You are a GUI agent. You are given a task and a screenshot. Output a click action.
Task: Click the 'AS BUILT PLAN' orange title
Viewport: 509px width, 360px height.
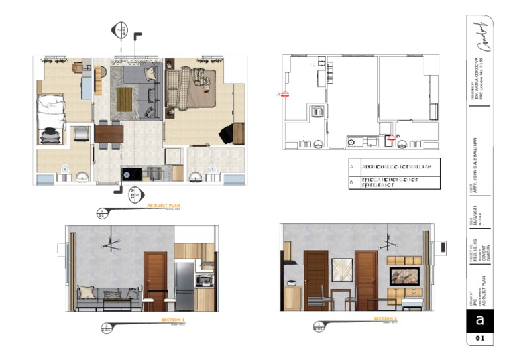tap(163, 206)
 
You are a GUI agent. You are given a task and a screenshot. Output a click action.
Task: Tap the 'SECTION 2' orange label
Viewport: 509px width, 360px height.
tap(385, 319)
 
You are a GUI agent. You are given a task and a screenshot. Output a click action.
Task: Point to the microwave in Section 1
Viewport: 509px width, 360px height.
tap(204, 280)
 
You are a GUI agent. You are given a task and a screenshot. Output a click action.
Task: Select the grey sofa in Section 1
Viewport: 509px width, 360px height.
tap(106, 298)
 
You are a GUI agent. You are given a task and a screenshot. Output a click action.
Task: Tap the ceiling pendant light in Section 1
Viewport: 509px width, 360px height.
tap(111, 245)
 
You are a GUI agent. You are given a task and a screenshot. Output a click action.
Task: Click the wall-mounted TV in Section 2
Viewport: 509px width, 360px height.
tap(404, 276)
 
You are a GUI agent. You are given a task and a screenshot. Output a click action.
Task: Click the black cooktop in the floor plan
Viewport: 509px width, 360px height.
tap(128, 174)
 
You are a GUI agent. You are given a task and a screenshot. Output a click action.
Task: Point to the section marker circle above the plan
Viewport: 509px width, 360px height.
tap(121, 30)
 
